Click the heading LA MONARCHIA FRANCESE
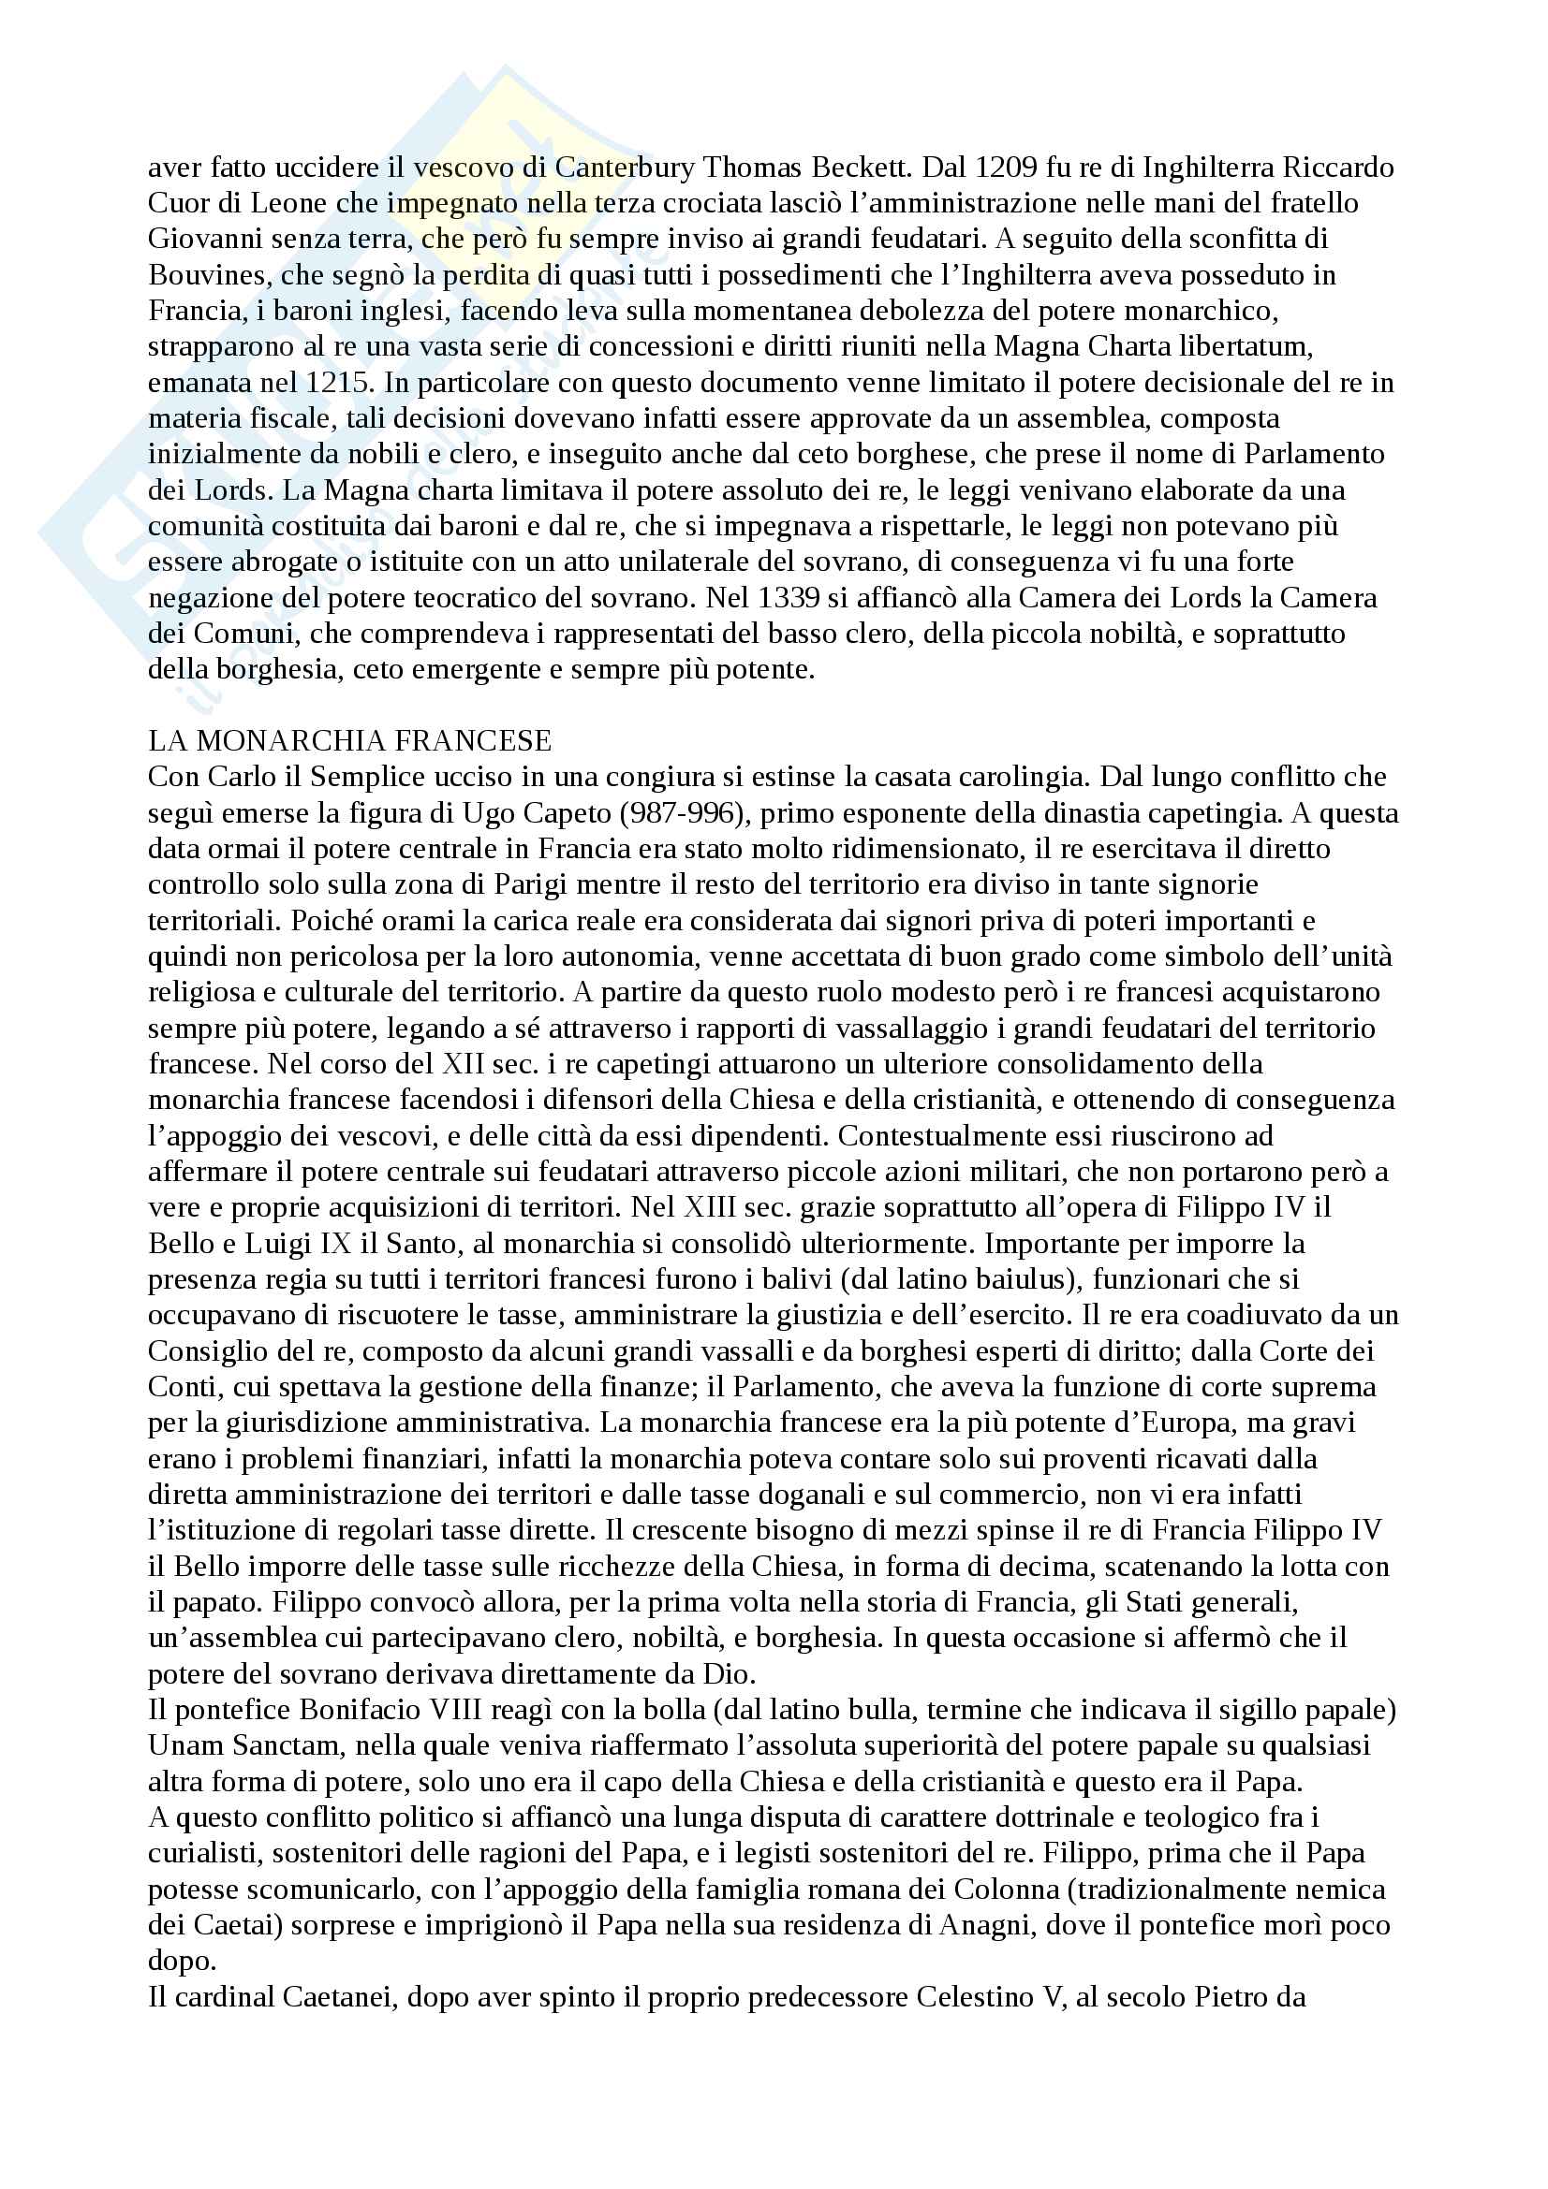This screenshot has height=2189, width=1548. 350,741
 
